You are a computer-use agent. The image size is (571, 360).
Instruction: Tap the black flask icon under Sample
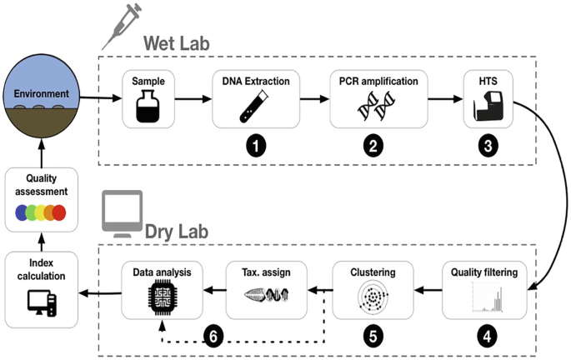click(147, 107)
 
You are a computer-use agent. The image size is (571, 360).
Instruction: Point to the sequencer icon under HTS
click(488, 107)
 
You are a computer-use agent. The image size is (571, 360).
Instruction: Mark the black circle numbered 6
click(213, 339)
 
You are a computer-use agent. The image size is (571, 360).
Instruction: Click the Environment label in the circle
click(41, 93)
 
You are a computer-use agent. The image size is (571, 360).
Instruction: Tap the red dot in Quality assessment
click(59, 212)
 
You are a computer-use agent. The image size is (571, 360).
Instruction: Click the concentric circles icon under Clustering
click(373, 297)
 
